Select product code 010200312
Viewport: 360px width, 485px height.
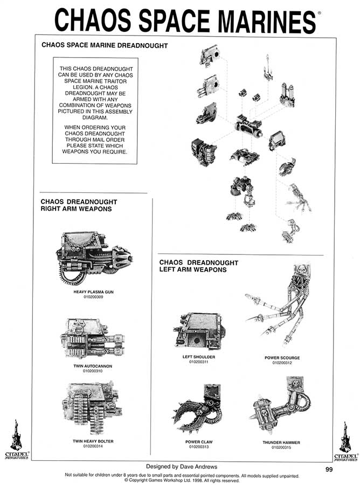282,363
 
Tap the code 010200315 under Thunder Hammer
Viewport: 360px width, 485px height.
282,447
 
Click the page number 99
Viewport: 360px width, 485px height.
331,469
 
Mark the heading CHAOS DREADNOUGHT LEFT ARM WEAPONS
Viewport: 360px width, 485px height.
198,266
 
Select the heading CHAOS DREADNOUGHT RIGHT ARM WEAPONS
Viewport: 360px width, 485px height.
79,205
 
